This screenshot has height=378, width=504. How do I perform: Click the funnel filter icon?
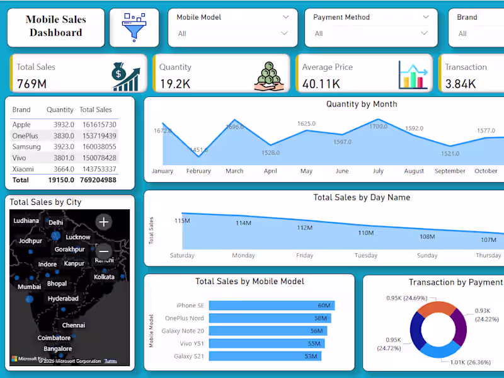(x=134, y=27)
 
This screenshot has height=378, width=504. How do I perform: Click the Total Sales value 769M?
(x=31, y=83)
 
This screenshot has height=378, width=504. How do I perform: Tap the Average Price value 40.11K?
(x=321, y=83)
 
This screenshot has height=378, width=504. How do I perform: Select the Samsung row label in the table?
(x=26, y=147)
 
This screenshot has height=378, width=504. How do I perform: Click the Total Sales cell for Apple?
(x=98, y=125)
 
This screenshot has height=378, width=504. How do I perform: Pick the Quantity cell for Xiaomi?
(x=62, y=169)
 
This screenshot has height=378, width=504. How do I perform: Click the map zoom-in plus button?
(x=104, y=221)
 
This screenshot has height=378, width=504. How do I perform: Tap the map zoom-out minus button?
(x=104, y=251)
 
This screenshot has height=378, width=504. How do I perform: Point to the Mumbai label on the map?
(x=29, y=287)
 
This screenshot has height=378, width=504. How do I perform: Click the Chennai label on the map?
(x=73, y=325)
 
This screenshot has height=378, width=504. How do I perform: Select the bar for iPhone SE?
(x=271, y=306)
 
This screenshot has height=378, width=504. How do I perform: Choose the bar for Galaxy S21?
(x=265, y=356)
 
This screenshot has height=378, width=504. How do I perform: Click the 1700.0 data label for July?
(x=378, y=127)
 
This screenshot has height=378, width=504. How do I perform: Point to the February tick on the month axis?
(x=198, y=171)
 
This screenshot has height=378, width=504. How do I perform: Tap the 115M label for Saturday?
(x=182, y=220)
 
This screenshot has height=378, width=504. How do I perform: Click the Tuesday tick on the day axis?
(x=365, y=255)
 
